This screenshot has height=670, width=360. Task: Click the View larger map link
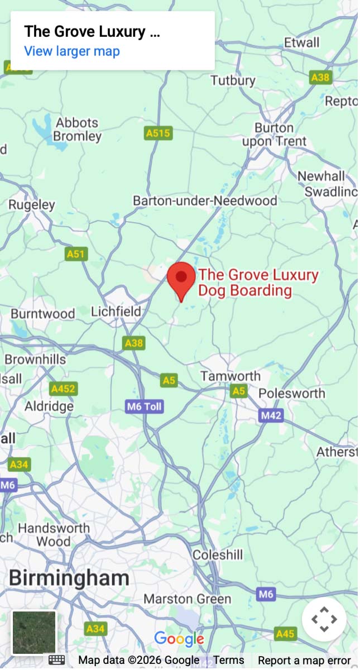pyautogui.click(x=71, y=51)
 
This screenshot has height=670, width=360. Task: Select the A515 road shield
pyautogui.click(x=158, y=133)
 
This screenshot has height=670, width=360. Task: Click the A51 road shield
pyautogui.click(x=76, y=254)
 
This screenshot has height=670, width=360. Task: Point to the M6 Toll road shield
pyautogui.click(x=145, y=406)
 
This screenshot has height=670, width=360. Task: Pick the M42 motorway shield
pyautogui.click(x=271, y=415)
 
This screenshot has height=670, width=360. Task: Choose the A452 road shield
pyautogui.click(x=63, y=389)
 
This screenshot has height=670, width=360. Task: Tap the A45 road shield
pyautogui.click(x=285, y=634)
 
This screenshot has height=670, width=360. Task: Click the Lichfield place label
pyautogui.click(x=116, y=311)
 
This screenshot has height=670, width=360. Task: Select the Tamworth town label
pyautogui.click(x=231, y=376)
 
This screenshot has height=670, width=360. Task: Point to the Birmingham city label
pyautogui.click(x=69, y=577)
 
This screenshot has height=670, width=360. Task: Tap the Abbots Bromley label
pyautogui.click(x=77, y=130)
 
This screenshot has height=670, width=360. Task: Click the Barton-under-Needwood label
pyautogui.click(x=205, y=200)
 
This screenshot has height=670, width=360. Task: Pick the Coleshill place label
pyautogui.click(x=218, y=555)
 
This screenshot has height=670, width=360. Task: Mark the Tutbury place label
pyautogui.click(x=233, y=80)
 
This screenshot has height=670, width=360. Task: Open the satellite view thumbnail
pyautogui.click(x=34, y=633)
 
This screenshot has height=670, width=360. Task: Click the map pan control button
pyautogui.click(x=324, y=619)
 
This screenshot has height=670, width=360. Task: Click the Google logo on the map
pyautogui.click(x=179, y=639)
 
